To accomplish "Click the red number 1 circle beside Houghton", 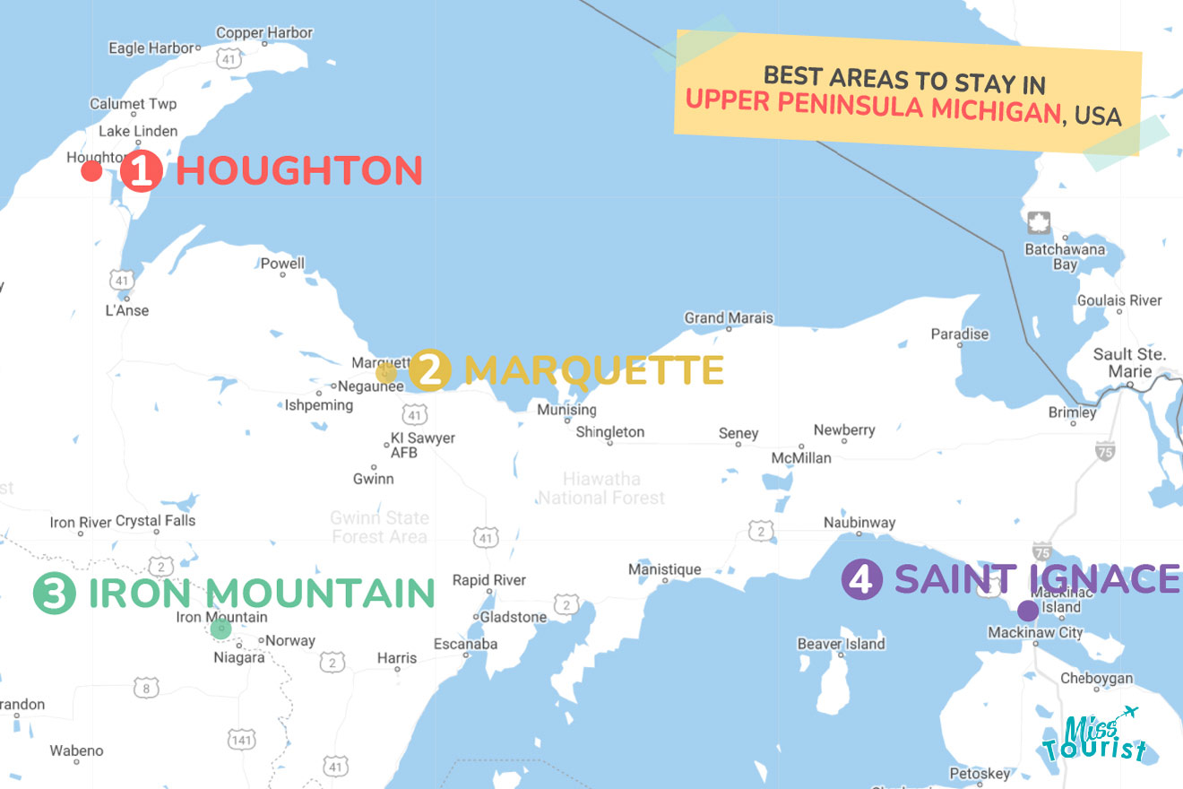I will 141,170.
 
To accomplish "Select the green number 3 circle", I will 54,594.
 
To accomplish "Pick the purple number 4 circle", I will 861,579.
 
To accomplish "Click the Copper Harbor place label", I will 264,33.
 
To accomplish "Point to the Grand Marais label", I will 728,318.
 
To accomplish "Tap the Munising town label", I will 566,410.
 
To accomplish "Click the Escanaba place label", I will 465,644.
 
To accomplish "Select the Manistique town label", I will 664,569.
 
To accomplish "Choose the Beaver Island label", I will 841,644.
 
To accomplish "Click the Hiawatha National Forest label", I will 601,488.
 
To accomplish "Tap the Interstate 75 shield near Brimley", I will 1105,451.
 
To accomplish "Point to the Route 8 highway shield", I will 145,688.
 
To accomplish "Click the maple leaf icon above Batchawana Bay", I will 1039,223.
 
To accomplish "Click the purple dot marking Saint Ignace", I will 1028,611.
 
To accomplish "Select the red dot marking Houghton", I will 91,171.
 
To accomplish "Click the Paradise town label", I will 959,334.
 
